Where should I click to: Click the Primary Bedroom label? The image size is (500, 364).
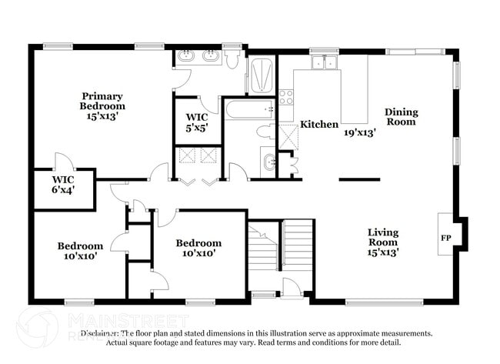pos(103,101)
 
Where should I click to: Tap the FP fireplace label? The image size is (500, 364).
pos(445,238)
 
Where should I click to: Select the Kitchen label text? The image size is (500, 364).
pos(318,125)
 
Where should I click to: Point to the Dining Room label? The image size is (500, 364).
pos(401,116)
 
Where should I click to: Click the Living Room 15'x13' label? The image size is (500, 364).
pos(382,241)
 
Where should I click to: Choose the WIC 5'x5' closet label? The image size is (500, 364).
pos(198,122)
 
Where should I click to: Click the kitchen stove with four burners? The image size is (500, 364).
pos(286,96)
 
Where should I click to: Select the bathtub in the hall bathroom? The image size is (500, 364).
pos(249,109)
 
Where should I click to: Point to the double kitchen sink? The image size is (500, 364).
pos(324,62)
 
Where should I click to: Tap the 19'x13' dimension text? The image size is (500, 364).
pos(359,132)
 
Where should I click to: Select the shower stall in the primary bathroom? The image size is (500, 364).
pos(261,75)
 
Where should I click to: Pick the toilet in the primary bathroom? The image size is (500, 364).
pos(232,59)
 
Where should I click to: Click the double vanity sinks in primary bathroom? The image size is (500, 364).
pos(197,56)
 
